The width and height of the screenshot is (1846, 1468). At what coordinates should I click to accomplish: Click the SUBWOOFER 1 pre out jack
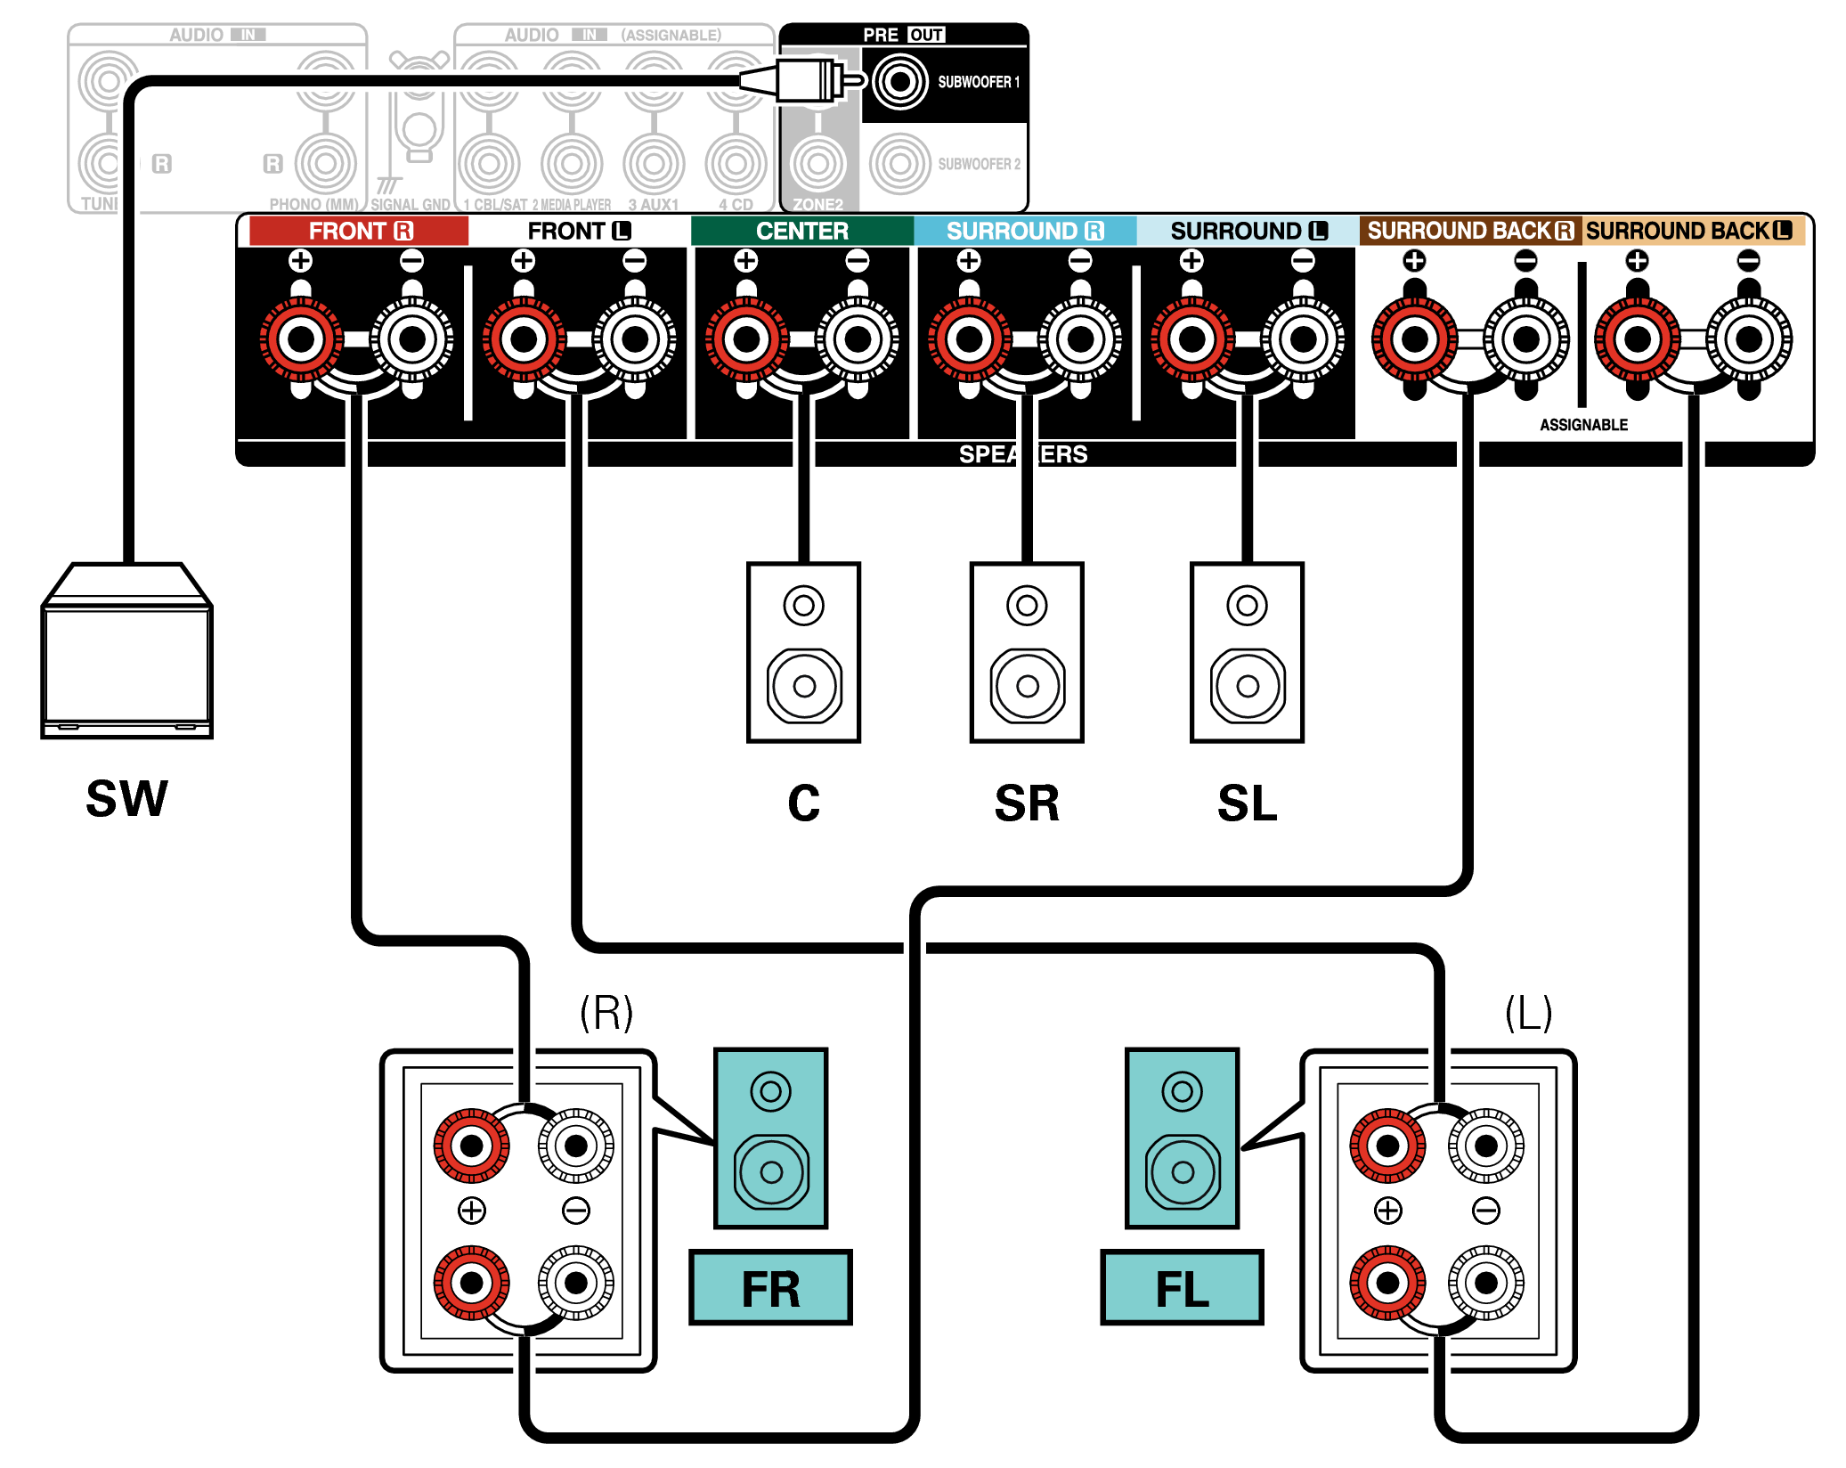point(899,82)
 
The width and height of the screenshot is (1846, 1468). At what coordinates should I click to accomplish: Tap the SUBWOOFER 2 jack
point(899,164)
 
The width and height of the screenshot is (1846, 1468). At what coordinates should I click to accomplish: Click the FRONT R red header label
point(359,231)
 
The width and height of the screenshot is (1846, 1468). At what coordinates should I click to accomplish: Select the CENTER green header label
point(801,231)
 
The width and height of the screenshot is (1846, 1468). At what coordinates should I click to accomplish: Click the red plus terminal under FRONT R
point(301,338)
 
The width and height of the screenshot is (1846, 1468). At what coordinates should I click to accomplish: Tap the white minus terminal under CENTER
point(858,338)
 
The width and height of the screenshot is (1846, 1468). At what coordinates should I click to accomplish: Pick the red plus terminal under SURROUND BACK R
point(1414,338)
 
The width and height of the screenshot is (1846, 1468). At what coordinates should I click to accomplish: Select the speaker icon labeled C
point(803,652)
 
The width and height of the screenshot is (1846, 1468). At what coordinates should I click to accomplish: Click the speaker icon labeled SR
point(1027,652)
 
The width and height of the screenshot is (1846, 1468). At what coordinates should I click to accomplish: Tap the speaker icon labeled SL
point(1247,652)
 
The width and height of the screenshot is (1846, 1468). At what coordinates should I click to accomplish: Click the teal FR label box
point(770,1287)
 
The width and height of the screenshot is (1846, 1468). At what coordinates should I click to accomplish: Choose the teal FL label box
point(1182,1287)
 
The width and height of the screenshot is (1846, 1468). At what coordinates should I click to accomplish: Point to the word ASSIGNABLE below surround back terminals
point(1583,425)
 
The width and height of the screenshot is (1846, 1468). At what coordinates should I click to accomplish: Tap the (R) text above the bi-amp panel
point(606,1013)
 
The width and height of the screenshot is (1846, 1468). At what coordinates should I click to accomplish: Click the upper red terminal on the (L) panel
point(1387,1146)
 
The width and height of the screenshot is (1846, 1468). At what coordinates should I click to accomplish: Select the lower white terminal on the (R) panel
point(576,1283)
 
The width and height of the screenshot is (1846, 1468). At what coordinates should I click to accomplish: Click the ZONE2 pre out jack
point(817,164)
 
